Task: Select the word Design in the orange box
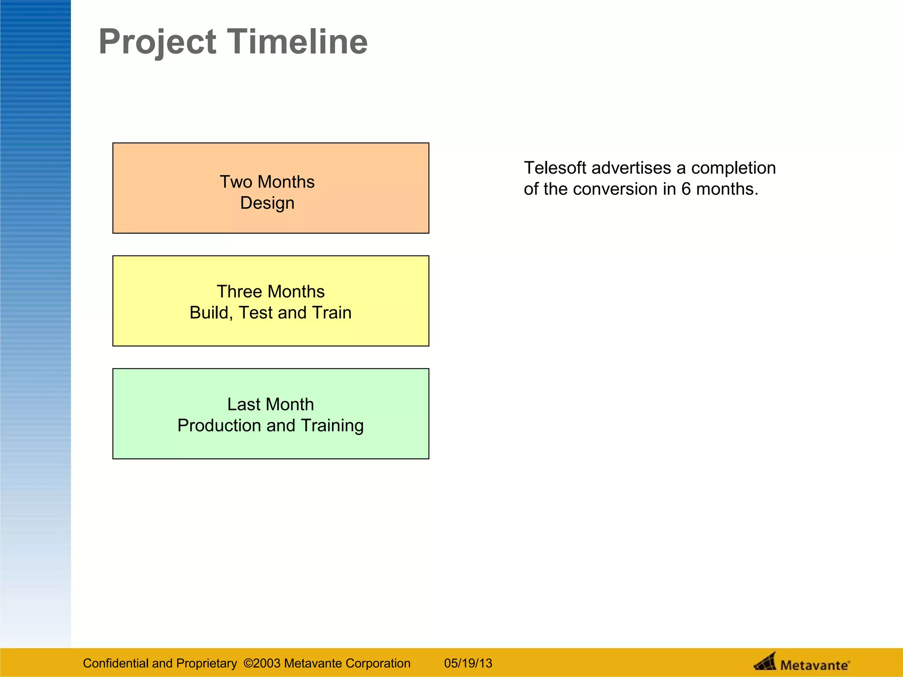pos(267,203)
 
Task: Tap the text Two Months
pos(267,182)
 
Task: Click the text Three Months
pos(270,292)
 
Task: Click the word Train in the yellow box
pos(332,313)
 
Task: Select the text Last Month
pos(270,405)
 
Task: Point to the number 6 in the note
pos(686,189)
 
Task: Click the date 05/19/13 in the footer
pos(468,663)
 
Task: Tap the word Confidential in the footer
pos(116,663)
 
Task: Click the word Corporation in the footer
pos(378,663)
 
